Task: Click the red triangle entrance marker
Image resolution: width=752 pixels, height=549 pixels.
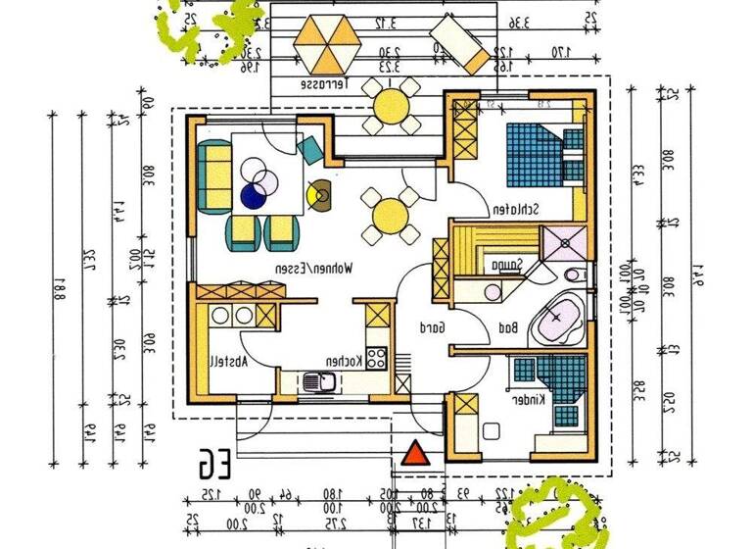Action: [416, 454]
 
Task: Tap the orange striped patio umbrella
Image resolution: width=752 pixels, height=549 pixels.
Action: [328, 41]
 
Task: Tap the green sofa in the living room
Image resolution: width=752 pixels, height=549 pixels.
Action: [213, 173]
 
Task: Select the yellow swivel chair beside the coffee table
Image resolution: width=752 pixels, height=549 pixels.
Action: [317, 193]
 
